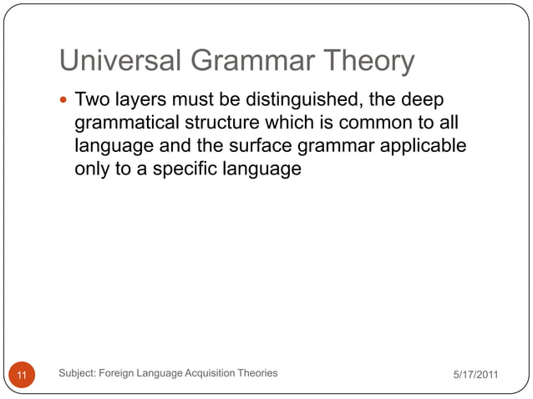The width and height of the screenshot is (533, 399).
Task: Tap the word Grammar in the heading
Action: click(x=250, y=61)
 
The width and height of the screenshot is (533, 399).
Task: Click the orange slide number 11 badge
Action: click(x=23, y=376)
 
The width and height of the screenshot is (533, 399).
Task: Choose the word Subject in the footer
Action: click(x=79, y=373)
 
